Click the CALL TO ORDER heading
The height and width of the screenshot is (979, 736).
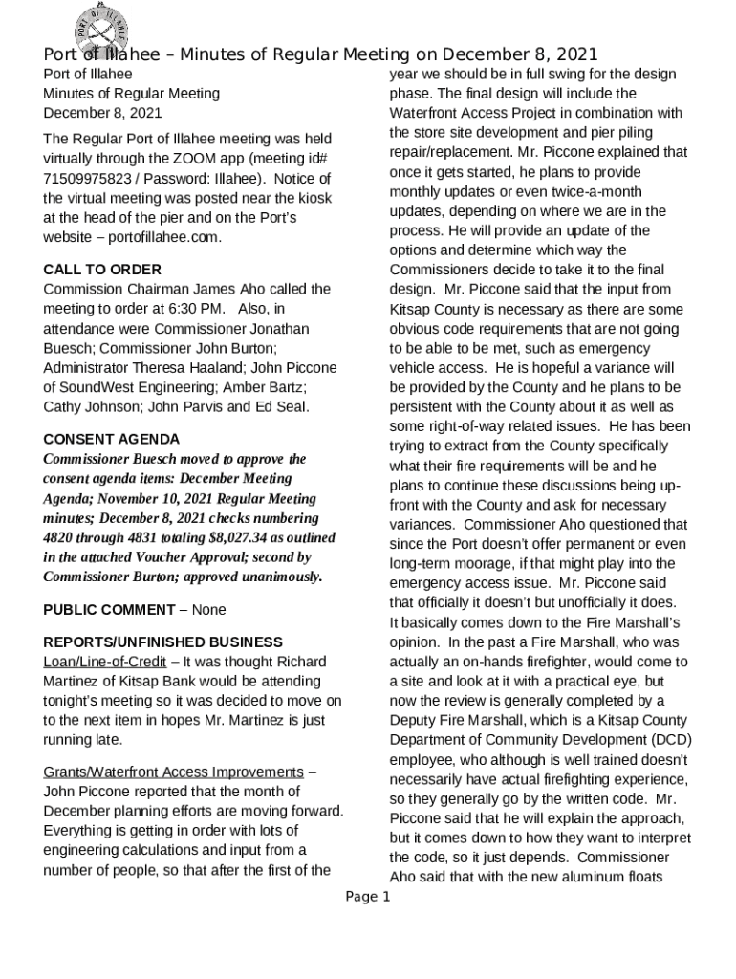[x=102, y=270]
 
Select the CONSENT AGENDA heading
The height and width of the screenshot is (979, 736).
[x=112, y=440]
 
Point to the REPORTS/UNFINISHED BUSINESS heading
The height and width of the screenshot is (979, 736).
[x=162, y=642]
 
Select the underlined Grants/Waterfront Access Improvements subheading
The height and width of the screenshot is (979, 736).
[x=173, y=772]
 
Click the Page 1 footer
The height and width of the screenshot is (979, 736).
[x=368, y=897]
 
